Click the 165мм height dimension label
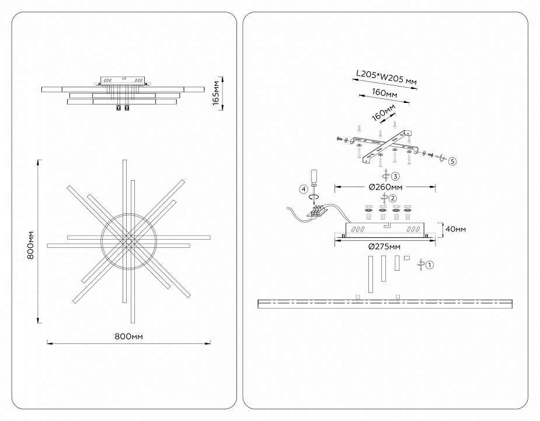tap(217, 93)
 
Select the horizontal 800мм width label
tap(128, 337)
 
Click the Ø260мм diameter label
tap(385, 187)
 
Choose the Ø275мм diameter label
tap(385, 246)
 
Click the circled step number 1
tap(430, 265)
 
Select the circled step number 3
tap(395, 176)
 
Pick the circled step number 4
tap(303, 189)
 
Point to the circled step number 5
tap(452, 160)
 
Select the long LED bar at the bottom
tap(385, 303)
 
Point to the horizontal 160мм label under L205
tap(384, 94)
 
